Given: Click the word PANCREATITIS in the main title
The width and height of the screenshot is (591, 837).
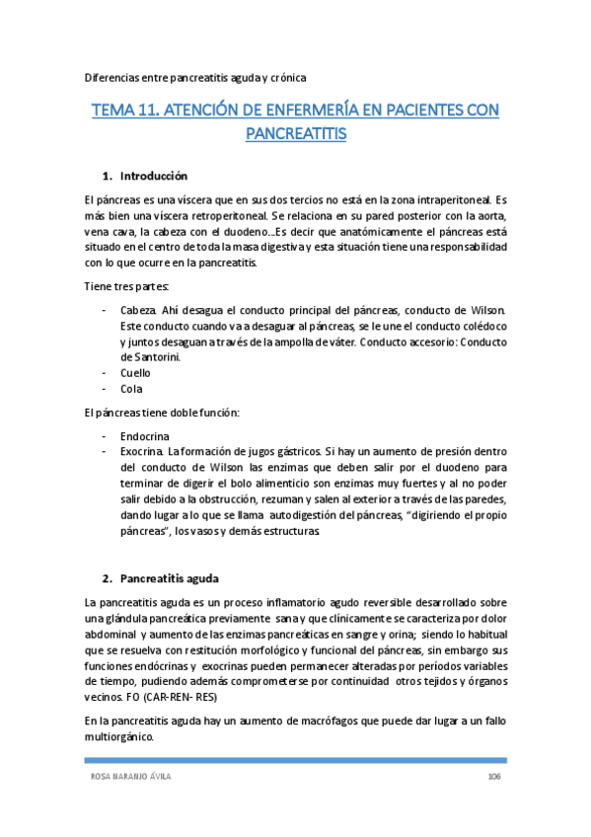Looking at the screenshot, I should click(295, 133).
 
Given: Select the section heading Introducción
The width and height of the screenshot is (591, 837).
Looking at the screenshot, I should click(153, 177).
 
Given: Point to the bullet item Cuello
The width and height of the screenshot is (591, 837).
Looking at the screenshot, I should click(135, 373).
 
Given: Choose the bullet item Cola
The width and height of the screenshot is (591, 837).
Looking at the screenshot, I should click(130, 389).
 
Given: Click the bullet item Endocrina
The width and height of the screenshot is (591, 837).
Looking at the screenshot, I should click(144, 434).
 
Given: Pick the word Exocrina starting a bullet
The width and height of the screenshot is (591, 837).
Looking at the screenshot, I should click(142, 450).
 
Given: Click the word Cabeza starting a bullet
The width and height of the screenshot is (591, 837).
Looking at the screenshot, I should click(139, 311).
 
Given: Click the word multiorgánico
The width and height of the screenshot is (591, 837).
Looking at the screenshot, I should click(119, 736).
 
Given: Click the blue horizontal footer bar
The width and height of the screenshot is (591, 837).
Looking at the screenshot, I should click(295, 760).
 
